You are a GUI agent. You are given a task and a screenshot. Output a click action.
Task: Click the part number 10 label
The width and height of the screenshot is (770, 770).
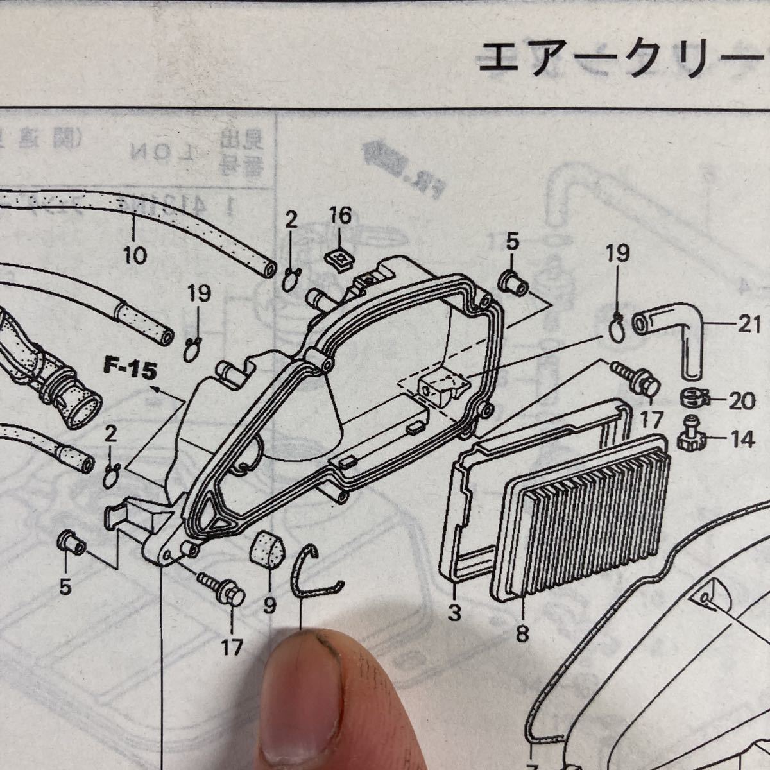[135, 255]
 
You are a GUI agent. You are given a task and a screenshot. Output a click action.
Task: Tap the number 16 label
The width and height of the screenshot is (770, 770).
[341, 216]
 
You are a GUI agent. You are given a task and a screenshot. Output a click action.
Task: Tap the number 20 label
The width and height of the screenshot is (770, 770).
[742, 402]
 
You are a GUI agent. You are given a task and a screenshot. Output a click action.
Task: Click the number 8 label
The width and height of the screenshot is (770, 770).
[522, 634]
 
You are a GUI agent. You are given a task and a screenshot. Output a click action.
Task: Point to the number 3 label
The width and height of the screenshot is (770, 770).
[454, 613]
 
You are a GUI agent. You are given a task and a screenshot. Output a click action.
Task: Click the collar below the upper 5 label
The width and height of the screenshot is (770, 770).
[513, 283]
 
